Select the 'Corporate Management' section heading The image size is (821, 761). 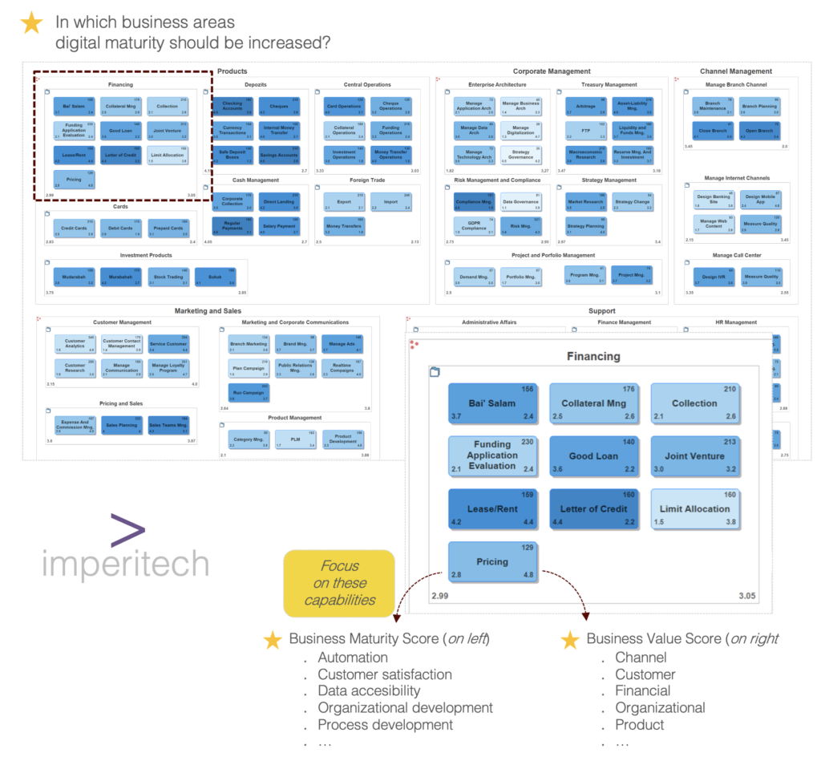pyautogui.click(x=552, y=71)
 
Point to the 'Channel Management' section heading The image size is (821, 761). pyautogui.click(x=735, y=71)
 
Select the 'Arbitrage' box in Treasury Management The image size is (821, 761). pyautogui.click(x=586, y=107)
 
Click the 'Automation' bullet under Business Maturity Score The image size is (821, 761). pyautogui.click(x=353, y=658)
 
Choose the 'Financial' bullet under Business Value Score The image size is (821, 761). pyautogui.click(x=642, y=690)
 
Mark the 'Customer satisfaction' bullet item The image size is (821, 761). pyautogui.click(x=384, y=674)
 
